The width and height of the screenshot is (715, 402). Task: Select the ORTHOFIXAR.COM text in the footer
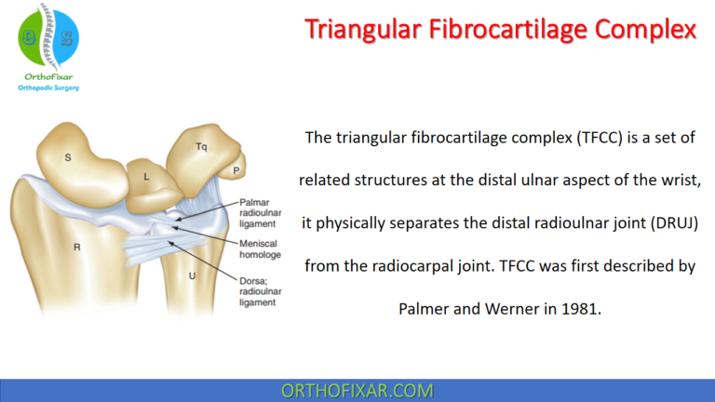coord(357,391)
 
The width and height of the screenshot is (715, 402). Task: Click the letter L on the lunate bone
coord(146,176)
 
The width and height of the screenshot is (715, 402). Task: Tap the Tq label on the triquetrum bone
coord(201,147)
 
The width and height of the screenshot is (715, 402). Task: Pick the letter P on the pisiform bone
coord(236,170)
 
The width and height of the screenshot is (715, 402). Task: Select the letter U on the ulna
coord(193,275)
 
